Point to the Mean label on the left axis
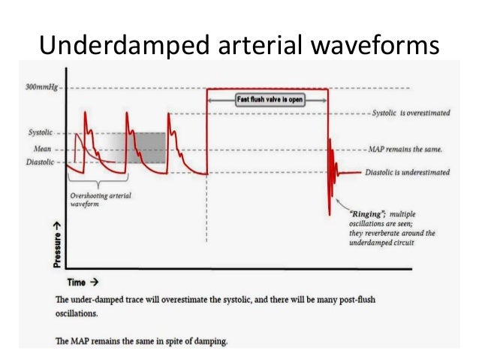[x=44, y=149]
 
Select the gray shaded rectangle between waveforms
[x=146, y=148]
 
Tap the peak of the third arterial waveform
[x=169, y=114]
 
